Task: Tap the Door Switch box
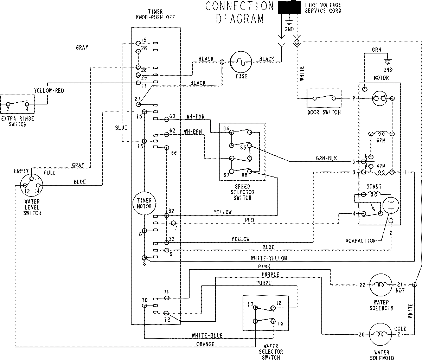pos(324,99)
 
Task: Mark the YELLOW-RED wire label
pos(49,90)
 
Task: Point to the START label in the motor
pos(373,187)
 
